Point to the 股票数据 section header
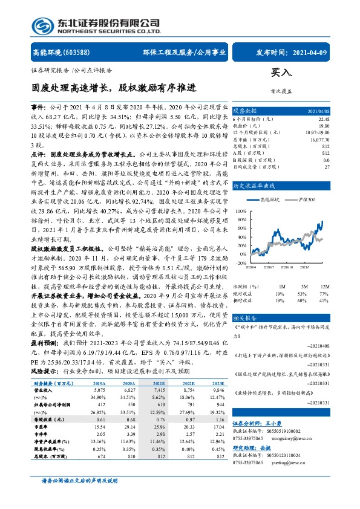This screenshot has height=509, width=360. tap(246, 111)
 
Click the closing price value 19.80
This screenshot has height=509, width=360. tap(323, 126)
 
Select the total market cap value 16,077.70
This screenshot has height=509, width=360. tap(319, 138)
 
